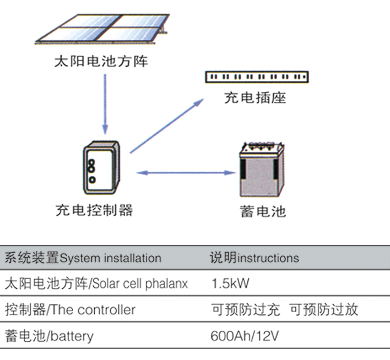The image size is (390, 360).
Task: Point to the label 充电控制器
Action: point(94,210)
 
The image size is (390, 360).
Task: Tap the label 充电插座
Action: point(255,99)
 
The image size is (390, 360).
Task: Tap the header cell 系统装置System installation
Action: point(83,258)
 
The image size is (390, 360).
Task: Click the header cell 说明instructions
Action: point(254,258)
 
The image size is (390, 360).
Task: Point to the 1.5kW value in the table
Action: point(230,284)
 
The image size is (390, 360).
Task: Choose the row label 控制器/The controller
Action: point(70,310)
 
